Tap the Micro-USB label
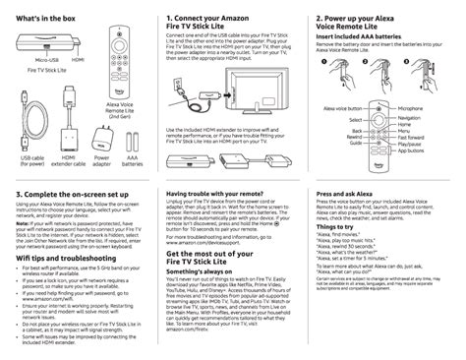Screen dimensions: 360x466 coord(33,60)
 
